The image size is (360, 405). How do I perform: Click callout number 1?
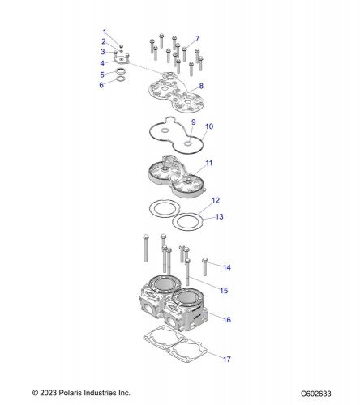tap(105, 32)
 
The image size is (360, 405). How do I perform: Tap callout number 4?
tap(102, 63)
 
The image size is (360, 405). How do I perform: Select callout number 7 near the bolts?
tap(197, 39)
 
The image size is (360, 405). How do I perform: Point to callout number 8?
tap(201, 86)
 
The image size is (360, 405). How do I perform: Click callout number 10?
tap(209, 126)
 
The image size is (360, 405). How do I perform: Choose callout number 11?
tap(209, 163)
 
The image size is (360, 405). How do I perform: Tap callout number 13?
tap(219, 217)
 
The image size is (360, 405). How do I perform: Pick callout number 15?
tap(224, 291)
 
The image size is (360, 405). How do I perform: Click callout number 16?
tap(227, 320)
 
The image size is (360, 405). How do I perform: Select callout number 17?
tap(227, 359)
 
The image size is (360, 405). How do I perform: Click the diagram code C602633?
tap(316, 394)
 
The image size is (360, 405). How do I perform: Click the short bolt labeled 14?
tap(205, 266)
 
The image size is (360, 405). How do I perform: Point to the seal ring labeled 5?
tap(121, 71)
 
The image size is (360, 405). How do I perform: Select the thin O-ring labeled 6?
tap(121, 79)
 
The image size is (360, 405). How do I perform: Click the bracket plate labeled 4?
tap(121, 60)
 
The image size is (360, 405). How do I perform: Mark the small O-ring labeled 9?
tap(188, 143)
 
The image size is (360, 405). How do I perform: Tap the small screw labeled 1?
tap(122, 46)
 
